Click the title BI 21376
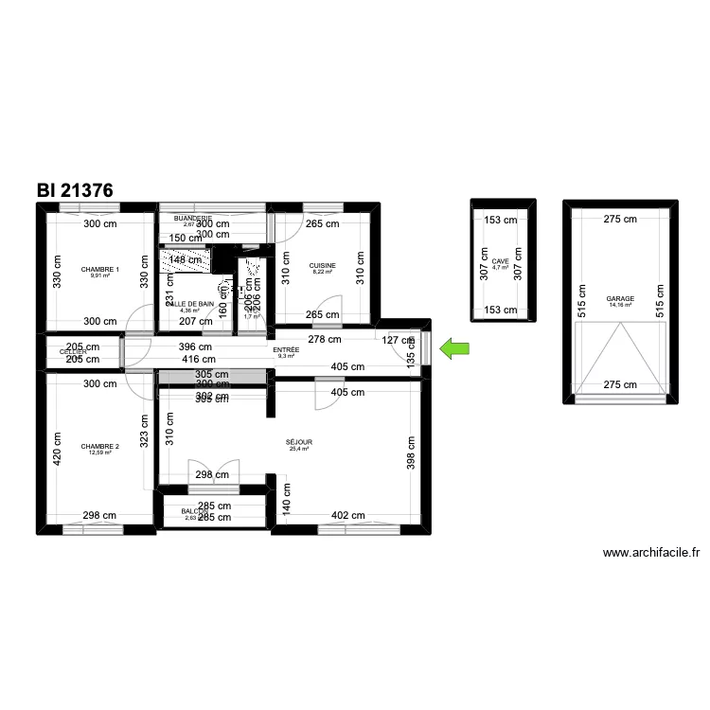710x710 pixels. (76, 190)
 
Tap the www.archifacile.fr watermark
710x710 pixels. (650, 553)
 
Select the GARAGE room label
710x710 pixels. (621, 298)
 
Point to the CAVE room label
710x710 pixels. (500, 261)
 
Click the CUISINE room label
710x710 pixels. (324, 265)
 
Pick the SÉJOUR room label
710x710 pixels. (299, 442)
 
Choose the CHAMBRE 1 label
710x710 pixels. (100, 269)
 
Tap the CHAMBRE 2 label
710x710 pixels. (100, 446)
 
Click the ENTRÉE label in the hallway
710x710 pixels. (286, 350)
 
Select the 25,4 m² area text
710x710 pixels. (299, 450)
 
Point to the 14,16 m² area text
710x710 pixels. (621, 306)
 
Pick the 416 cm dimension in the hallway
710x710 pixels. (198, 359)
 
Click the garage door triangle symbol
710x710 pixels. (621, 355)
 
